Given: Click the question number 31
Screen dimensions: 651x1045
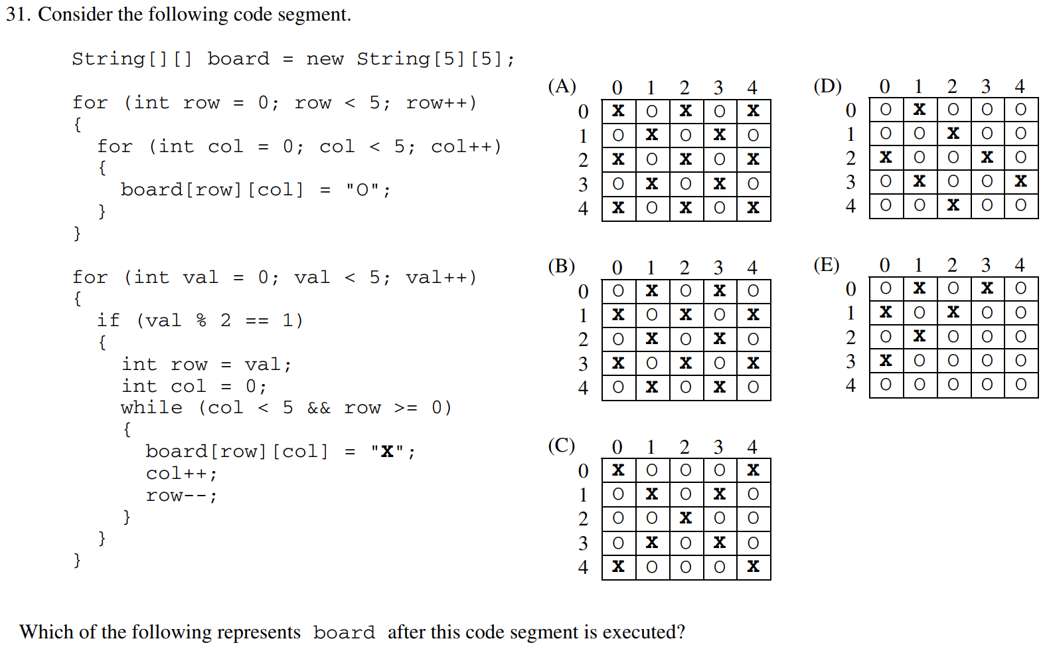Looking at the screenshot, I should point(18,14).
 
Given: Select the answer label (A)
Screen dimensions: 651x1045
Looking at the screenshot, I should point(562,86).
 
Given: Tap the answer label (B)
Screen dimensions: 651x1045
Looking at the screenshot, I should point(562,266).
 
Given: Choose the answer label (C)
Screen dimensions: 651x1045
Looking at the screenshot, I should point(562,445).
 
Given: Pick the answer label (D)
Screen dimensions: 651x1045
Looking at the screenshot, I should point(827,86).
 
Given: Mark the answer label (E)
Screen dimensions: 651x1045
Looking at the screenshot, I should point(827,265).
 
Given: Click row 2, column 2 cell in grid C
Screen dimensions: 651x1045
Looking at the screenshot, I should point(686,518).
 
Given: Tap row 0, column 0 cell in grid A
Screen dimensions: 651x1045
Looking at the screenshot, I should point(618,111).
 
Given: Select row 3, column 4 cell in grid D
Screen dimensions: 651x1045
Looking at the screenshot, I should point(1020,181).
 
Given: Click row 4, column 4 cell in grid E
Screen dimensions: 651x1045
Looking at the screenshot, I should point(1020,385).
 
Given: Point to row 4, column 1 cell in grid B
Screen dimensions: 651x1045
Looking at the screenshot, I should point(652,387).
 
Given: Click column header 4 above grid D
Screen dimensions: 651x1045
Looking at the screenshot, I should point(1020,86).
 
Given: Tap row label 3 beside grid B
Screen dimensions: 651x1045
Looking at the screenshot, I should point(583,363).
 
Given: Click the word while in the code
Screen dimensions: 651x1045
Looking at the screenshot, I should point(151,407).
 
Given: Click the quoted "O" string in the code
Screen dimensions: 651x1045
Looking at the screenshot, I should point(362,190).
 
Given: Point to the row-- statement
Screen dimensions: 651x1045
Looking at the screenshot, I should point(181,496).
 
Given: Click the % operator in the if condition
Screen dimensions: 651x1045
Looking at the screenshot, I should point(201,320).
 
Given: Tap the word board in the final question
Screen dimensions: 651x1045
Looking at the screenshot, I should point(344,632).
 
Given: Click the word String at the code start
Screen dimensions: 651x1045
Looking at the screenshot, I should point(108,59).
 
